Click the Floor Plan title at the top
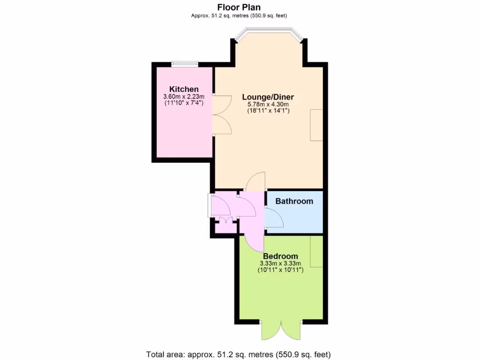tap(239, 7)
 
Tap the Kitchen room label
tap(184, 89)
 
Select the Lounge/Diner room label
tap(268, 97)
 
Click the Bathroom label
tap(294, 202)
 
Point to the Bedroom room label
tap(280, 256)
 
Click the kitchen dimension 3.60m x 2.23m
tap(184, 97)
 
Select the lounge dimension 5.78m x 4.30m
tap(268, 105)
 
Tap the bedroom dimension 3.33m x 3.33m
tap(280, 263)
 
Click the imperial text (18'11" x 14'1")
tap(268, 111)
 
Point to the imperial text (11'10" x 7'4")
tap(184, 103)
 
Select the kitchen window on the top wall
tap(184, 64)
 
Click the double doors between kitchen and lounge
tap(221, 115)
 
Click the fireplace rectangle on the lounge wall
tap(316, 125)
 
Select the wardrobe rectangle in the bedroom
tap(316, 251)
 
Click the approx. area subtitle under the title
tap(239, 15)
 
